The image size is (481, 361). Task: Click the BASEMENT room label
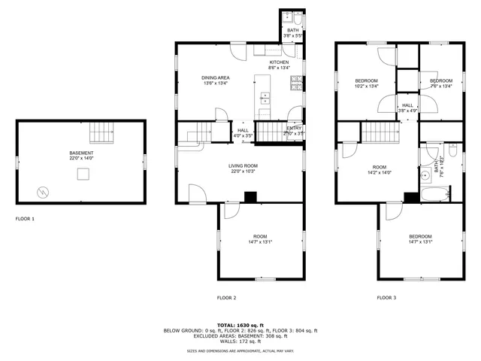click(81, 153)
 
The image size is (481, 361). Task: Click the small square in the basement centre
click(83, 174)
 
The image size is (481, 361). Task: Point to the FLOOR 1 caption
click(25, 219)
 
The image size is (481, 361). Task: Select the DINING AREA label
click(215, 77)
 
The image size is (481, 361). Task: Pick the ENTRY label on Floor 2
click(294, 129)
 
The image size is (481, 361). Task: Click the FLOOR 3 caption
click(386, 298)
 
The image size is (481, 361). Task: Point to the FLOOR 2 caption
click(227, 298)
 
